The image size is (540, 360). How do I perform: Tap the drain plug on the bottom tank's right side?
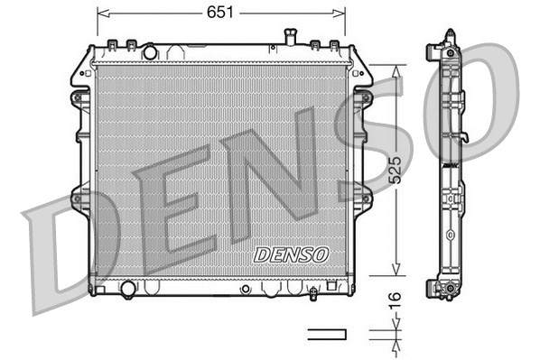click(x=312, y=292)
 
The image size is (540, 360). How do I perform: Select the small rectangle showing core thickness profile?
click(x=327, y=334)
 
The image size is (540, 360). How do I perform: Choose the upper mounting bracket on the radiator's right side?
click(x=364, y=95)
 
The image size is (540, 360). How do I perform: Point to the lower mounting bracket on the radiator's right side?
click(x=364, y=197)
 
